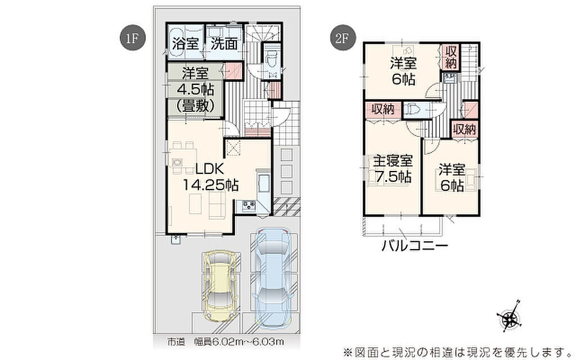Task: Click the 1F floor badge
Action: pos(133,39)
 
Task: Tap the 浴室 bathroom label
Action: pos(186,44)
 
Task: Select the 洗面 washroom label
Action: pos(224,44)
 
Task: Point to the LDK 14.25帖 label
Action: pos(211,177)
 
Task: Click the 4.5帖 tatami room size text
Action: pos(195,89)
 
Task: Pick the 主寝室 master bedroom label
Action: pos(393,160)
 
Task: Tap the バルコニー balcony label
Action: pos(415,245)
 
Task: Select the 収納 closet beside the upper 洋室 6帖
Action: pos(451,57)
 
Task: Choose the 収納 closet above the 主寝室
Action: pos(382,109)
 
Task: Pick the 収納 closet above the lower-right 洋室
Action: pos(464,129)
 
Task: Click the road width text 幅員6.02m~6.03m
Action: pos(238,342)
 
